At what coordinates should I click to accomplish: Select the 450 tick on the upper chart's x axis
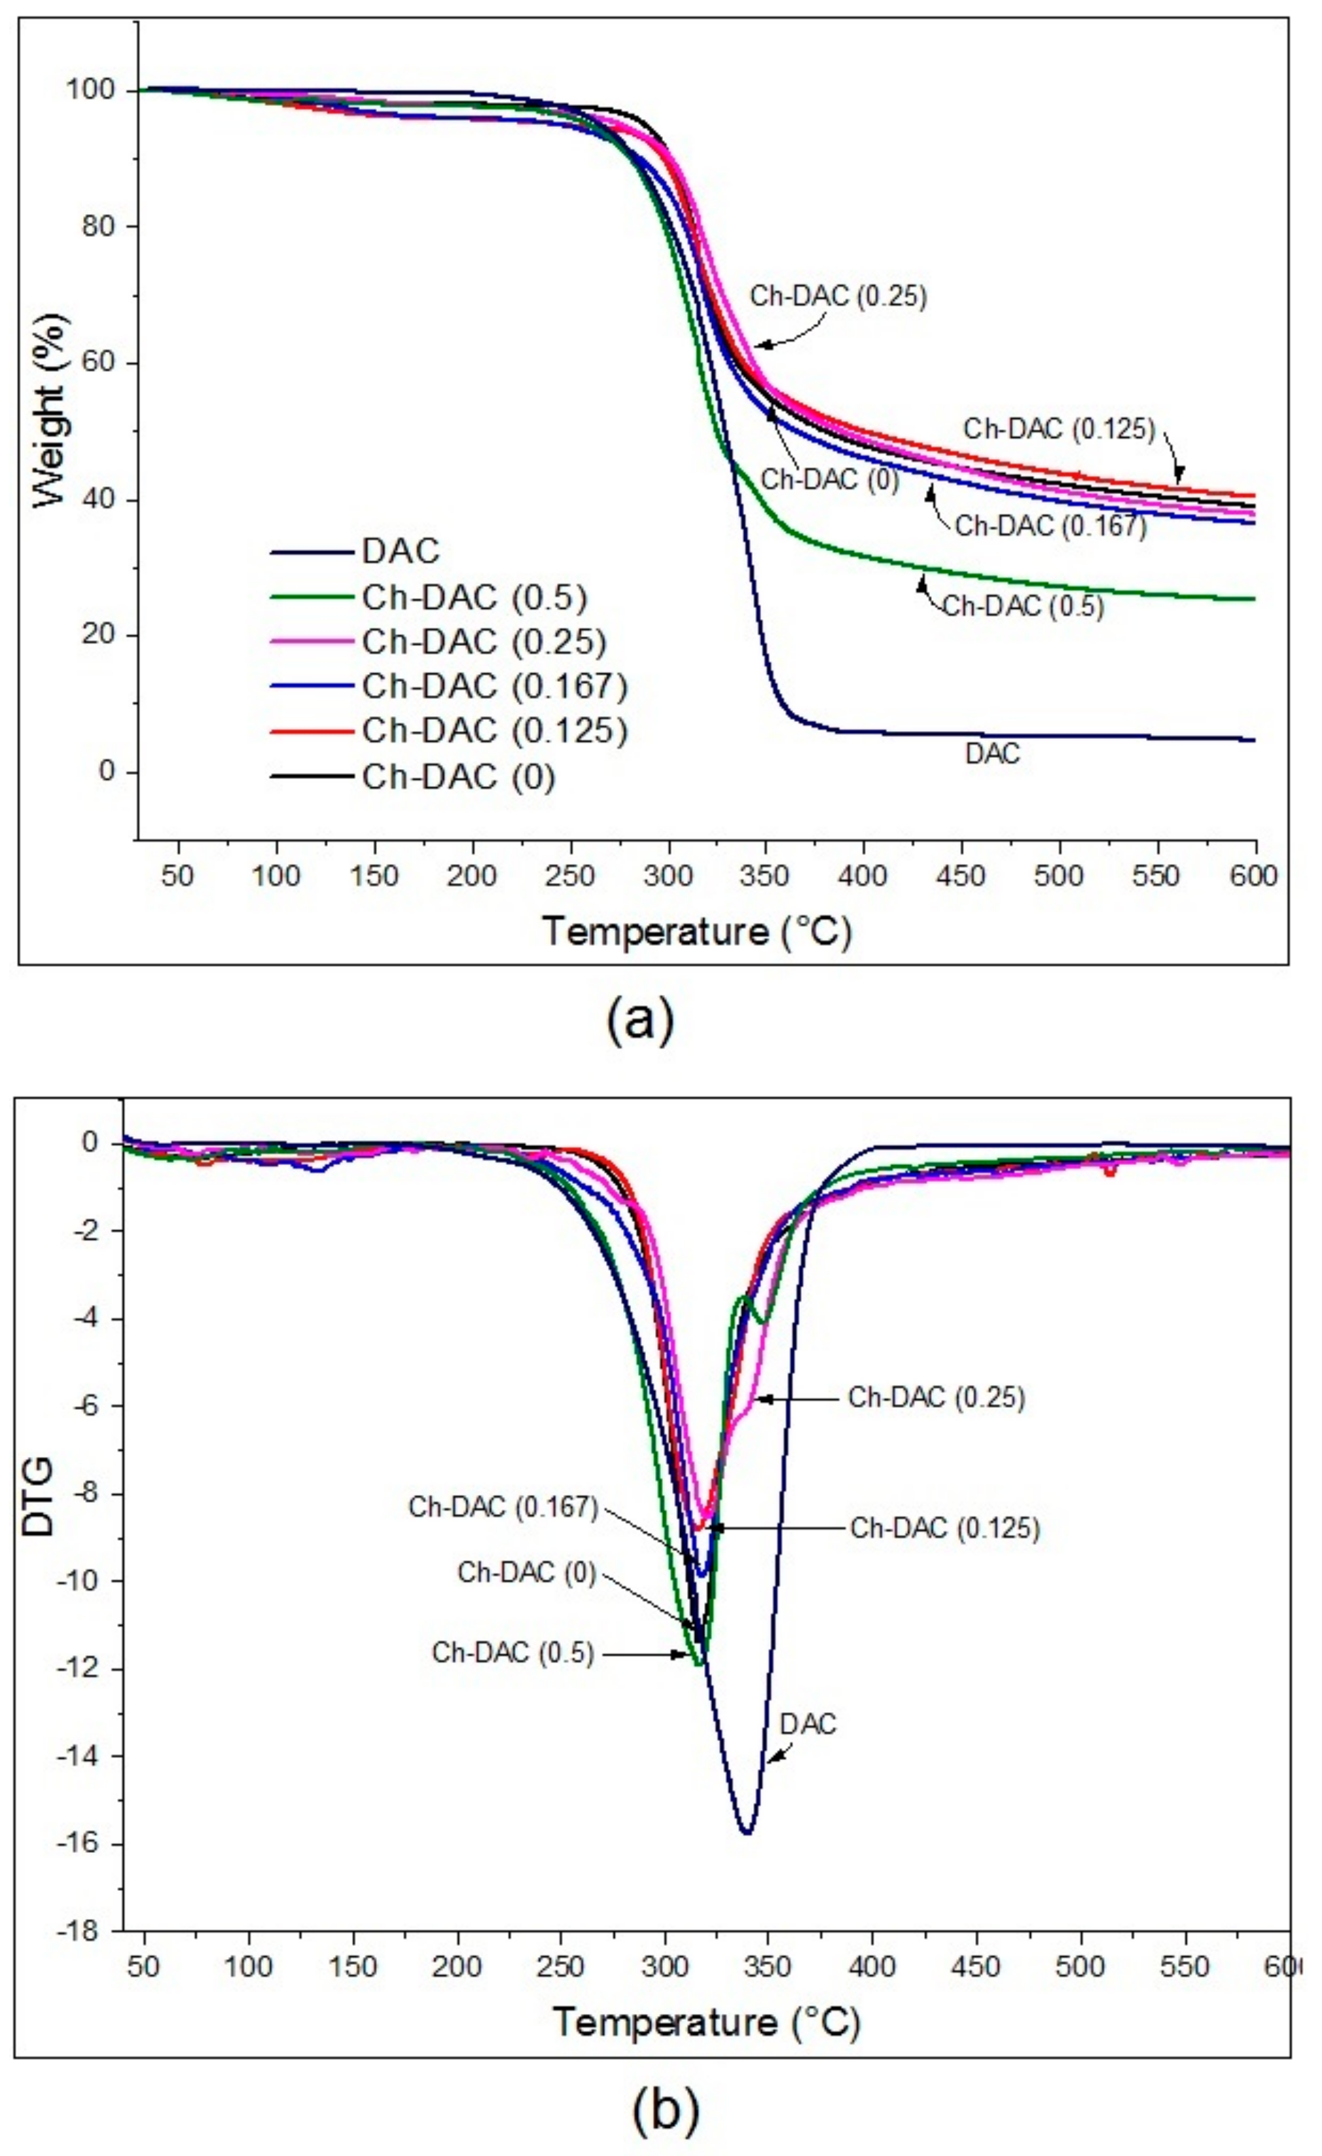(961, 876)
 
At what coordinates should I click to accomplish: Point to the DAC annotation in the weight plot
(992, 753)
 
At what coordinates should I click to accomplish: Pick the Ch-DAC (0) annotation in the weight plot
(829, 480)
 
